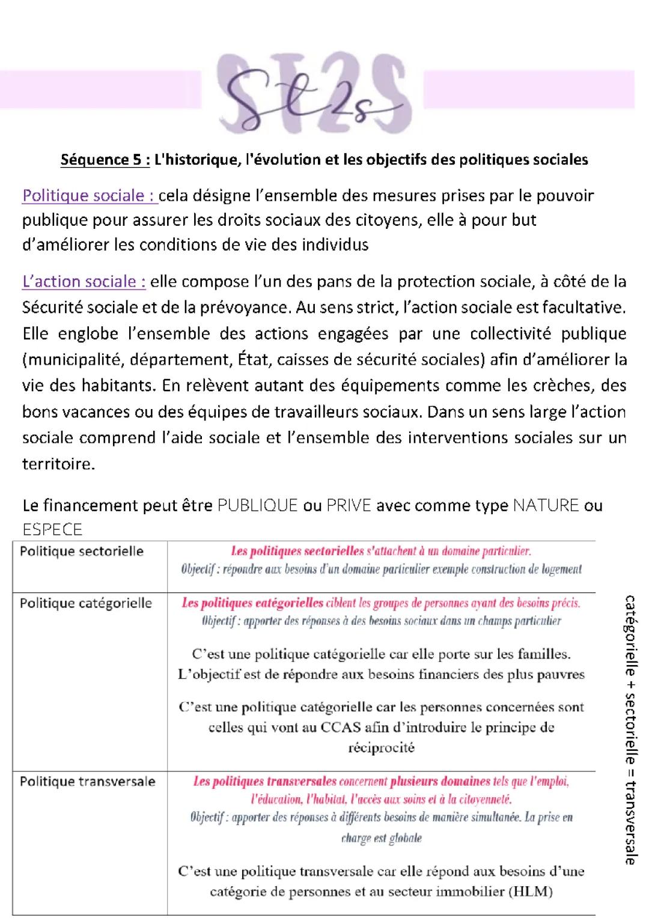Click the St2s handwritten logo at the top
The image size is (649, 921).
(x=312, y=96)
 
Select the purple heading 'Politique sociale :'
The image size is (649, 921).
(x=90, y=196)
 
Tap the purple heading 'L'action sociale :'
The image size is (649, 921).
(x=84, y=282)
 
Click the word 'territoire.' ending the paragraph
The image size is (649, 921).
(x=58, y=464)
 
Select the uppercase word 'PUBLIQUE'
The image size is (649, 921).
(x=258, y=505)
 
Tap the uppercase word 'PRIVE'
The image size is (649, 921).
(x=349, y=505)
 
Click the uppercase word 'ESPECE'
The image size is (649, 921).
(x=52, y=529)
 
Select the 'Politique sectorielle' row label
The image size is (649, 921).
(x=82, y=552)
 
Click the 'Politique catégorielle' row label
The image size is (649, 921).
(x=86, y=603)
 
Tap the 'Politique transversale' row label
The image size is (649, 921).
(x=88, y=782)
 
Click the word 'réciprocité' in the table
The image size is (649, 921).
(x=381, y=748)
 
